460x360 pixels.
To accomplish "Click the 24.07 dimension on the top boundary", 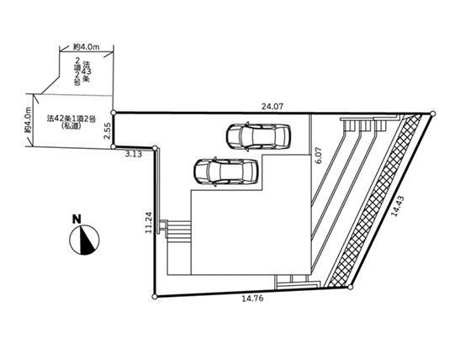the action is (x=272, y=106).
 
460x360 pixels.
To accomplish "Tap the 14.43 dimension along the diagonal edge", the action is (x=398, y=206).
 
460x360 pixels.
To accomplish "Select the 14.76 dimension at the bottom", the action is (x=252, y=299).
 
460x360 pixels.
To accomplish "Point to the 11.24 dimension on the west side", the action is (x=149, y=222).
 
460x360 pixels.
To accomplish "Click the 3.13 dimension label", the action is (x=134, y=154).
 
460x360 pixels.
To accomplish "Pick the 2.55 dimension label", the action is (x=108, y=130).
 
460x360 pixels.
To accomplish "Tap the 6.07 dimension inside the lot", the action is (x=320, y=156).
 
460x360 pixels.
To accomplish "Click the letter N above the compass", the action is (x=77, y=220).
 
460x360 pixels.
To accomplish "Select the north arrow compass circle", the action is (x=84, y=240).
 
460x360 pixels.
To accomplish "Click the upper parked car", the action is (x=258, y=136).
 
